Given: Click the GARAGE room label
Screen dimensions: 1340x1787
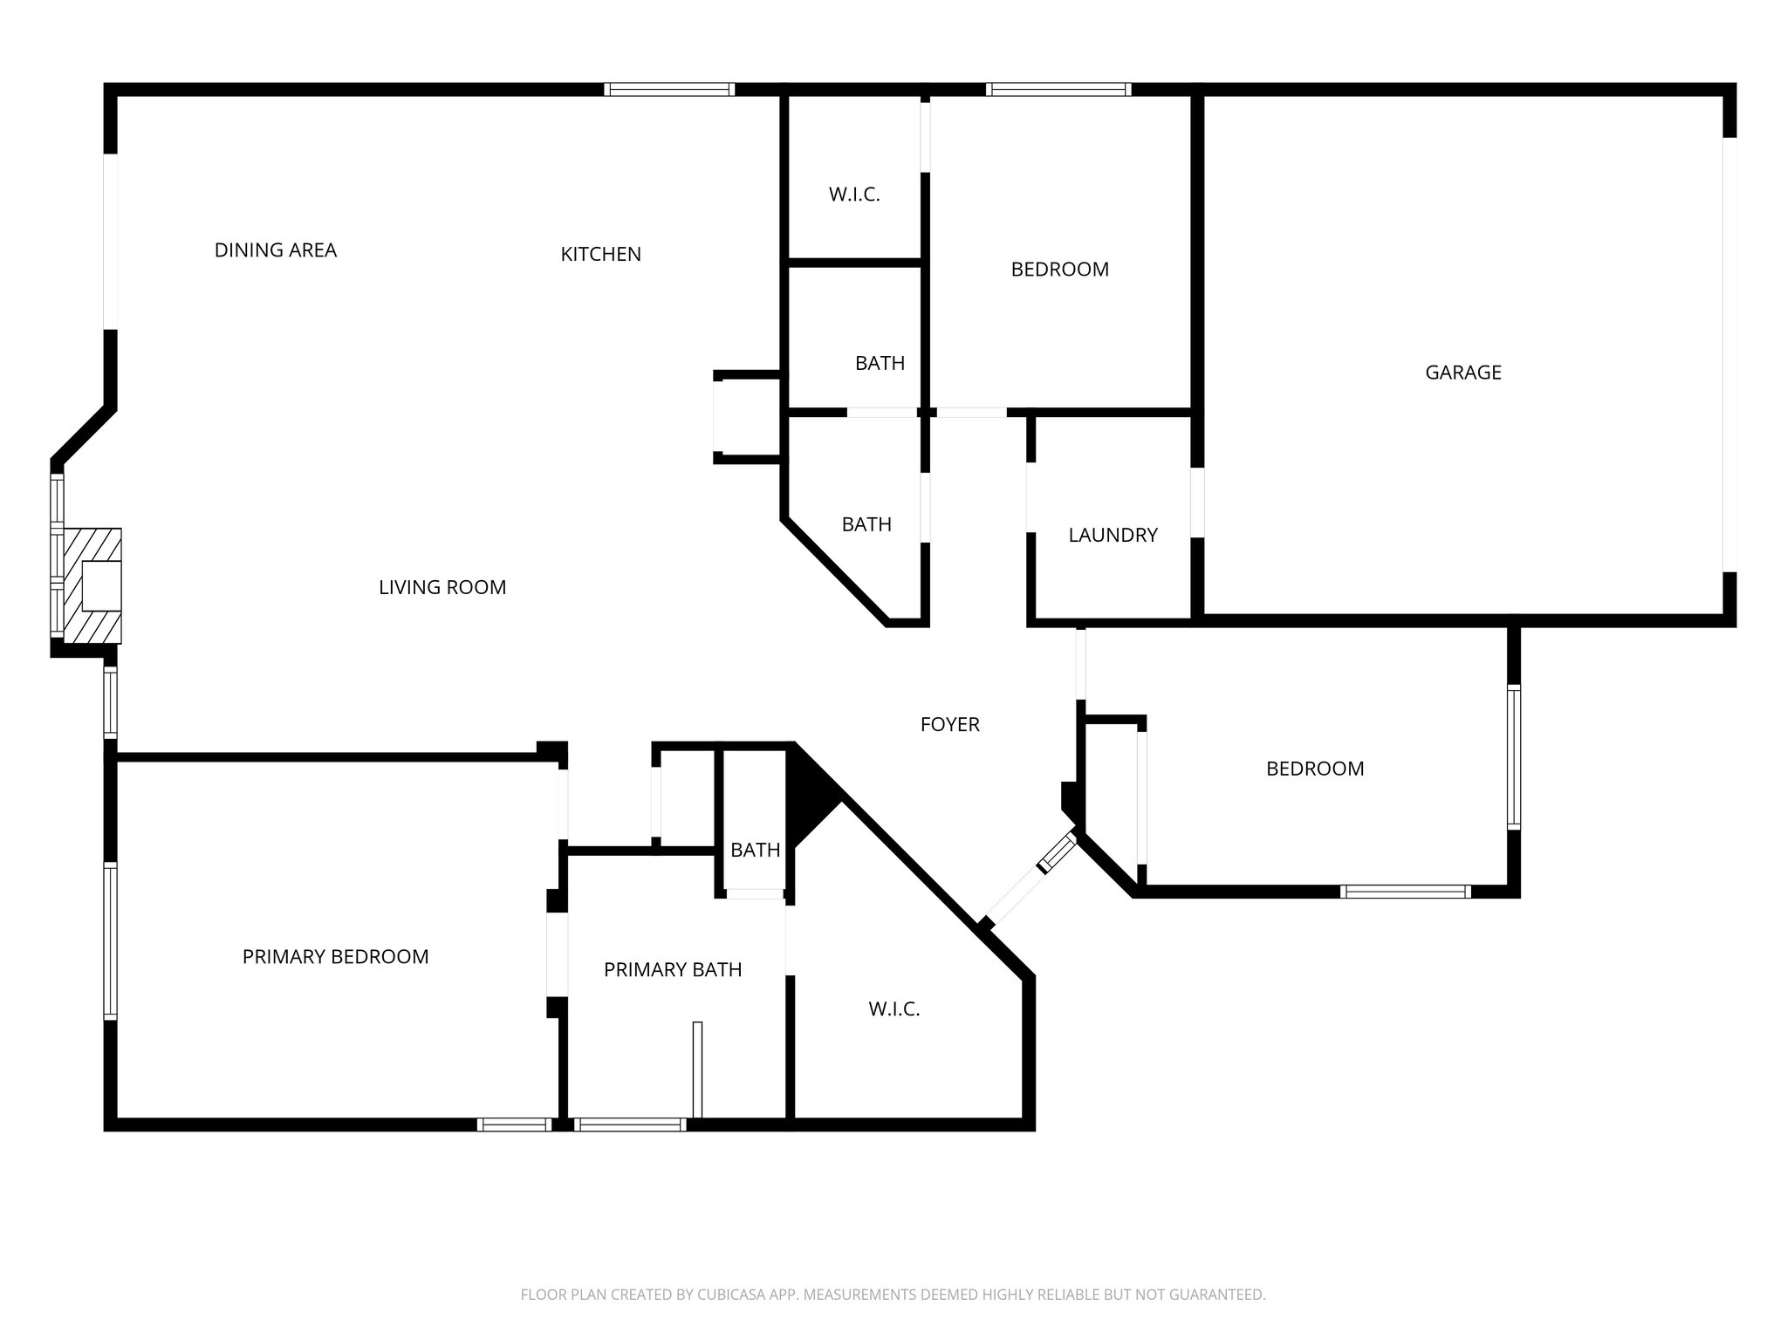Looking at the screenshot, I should tap(1462, 373).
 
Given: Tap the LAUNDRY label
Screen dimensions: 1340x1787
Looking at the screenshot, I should tap(1113, 535).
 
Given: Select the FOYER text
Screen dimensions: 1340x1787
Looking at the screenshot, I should tap(949, 724).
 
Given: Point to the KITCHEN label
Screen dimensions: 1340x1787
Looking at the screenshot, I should tap(600, 254).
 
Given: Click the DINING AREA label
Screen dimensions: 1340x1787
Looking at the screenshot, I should tap(275, 250).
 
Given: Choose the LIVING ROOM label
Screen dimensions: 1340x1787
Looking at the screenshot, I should tap(442, 587).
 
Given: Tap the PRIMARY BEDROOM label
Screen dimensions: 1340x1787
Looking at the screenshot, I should tap(335, 957).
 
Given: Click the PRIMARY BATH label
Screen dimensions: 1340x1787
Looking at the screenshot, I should tap(673, 969).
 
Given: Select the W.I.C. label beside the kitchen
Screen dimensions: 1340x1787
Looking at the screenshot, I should tap(854, 195).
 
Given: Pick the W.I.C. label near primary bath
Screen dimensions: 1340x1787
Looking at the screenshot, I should tap(893, 1009).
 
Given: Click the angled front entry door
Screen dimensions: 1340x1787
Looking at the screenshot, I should tap(1030, 879).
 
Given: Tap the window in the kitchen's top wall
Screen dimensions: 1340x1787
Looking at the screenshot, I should tap(669, 89).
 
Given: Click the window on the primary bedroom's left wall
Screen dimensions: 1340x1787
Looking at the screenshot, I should tap(110, 940).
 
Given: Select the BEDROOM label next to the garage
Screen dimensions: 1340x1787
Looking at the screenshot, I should tap(1059, 270).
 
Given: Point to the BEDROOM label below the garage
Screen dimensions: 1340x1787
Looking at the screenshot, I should tap(1314, 769).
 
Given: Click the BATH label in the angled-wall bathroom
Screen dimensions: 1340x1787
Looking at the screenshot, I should tap(866, 524).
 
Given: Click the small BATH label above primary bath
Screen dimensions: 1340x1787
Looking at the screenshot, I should tap(755, 850).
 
